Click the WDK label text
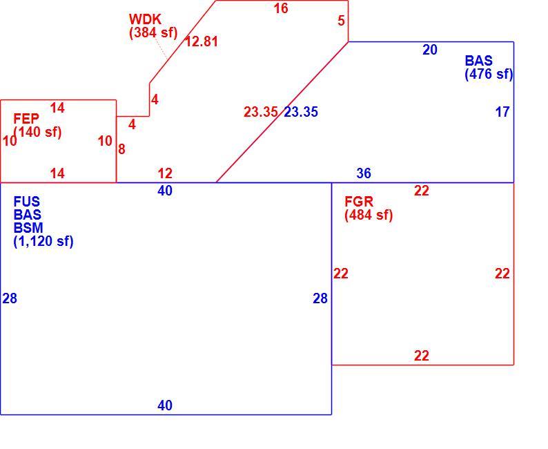coord(145,19)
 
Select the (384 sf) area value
coord(153,33)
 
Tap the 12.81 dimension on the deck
coord(202,41)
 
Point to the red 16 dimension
coord(281,8)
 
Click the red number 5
coord(341,21)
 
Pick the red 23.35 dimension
coord(261,112)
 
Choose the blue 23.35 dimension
coord(301,112)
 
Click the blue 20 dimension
coord(430,50)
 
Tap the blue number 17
coord(502,112)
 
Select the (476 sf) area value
coord(489,75)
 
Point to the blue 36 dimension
coord(364,173)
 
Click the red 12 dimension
coord(165,173)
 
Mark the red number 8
coord(121,150)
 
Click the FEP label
coord(26,119)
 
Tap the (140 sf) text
coord(37,133)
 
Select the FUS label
coord(26,202)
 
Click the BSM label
coord(28,228)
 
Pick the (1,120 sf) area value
coord(43,242)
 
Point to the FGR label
coord(359,202)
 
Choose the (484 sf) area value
coord(369,215)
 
